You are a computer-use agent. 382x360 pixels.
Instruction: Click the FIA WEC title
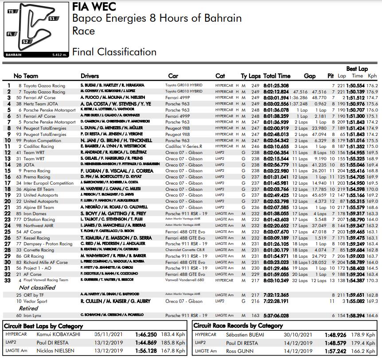(x=94, y=7)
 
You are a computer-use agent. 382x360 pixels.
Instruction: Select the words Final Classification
(x=114, y=52)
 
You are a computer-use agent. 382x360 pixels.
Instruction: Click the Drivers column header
(x=90, y=76)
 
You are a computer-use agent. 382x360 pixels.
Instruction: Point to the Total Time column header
(x=277, y=76)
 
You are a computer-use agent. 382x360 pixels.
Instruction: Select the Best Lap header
(x=357, y=69)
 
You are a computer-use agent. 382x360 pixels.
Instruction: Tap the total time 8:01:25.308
(x=276, y=85)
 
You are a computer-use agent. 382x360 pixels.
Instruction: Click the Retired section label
(x=28, y=308)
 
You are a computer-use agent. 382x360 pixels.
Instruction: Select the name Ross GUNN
(x=240, y=351)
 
